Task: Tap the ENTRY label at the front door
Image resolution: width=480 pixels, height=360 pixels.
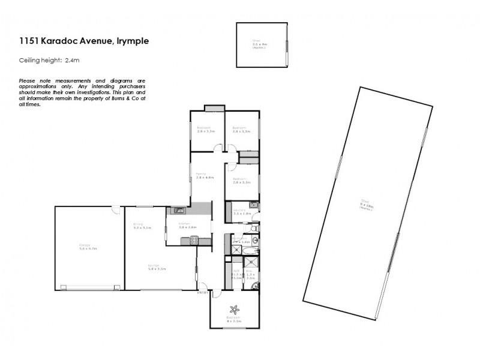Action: (202, 293)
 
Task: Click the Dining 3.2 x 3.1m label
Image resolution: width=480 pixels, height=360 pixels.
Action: (142, 227)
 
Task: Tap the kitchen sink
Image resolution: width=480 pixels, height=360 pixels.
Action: (178, 210)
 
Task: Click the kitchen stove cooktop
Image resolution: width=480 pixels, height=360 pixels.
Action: (194, 241)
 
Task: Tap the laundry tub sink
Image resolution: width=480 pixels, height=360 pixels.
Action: (254, 206)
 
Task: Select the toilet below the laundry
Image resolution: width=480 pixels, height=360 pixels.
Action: (254, 229)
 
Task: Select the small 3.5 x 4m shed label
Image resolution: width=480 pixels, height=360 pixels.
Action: (259, 44)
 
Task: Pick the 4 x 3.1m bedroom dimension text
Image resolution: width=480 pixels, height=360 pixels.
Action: (235, 322)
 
